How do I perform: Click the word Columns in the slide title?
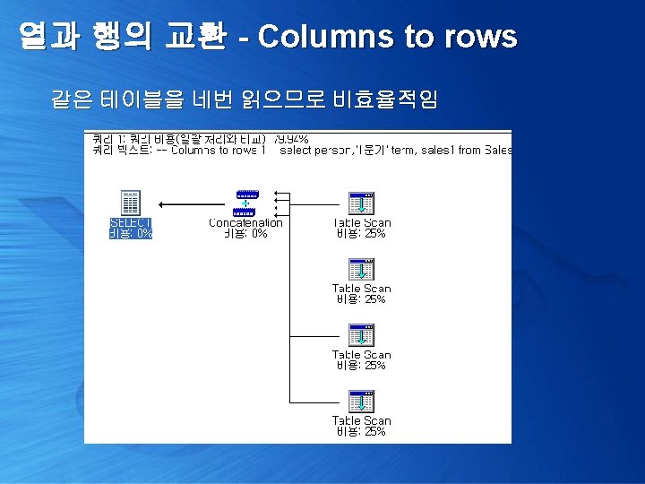tap(324, 37)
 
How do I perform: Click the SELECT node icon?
tap(130, 203)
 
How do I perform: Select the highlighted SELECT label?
tap(130, 222)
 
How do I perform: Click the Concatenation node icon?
tap(245, 203)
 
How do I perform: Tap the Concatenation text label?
tap(245, 222)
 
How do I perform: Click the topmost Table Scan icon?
tap(361, 203)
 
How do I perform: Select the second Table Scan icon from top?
tap(361, 270)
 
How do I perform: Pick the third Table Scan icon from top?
tap(361, 336)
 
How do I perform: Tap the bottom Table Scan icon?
tap(361, 402)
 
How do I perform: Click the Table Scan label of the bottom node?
tap(361, 420)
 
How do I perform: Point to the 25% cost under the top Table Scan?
tap(361, 233)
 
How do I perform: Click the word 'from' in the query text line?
tap(469, 151)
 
